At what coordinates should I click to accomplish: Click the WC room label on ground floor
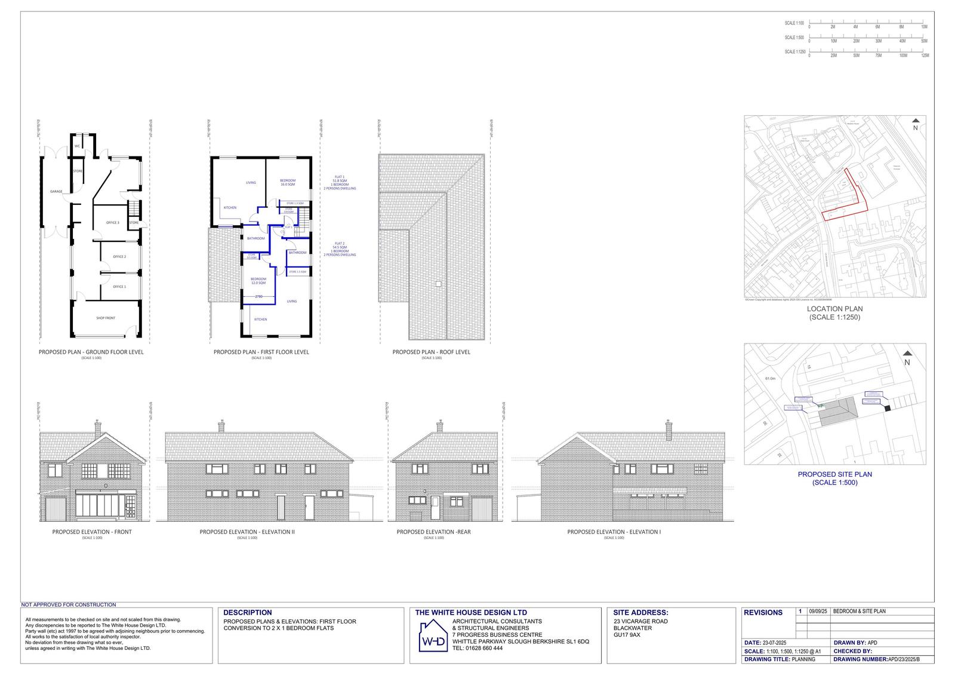point(77,146)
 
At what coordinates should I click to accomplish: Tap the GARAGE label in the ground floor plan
point(56,192)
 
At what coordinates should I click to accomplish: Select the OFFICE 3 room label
point(113,223)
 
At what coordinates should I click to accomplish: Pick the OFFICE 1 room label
point(119,287)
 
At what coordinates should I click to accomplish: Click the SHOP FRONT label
point(106,318)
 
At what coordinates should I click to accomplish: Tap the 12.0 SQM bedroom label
point(258,281)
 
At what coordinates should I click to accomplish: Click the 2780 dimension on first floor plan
point(258,297)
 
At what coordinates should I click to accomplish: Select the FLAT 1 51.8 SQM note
point(340,183)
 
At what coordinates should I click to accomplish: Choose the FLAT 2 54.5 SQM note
point(340,249)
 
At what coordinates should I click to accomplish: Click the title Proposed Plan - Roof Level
point(431,352)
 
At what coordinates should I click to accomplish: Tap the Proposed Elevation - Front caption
point(92,532)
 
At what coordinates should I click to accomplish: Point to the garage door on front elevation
point(55,509)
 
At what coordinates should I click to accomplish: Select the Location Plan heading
point(834,309)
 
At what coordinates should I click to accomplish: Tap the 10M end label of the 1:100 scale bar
point(924,27)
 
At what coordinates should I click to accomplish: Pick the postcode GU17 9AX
point(627,635)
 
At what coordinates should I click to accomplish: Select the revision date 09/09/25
point(817,612)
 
